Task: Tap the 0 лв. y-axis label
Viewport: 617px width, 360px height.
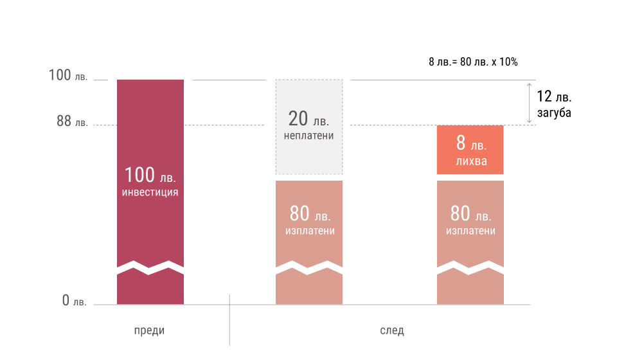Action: [74, 300]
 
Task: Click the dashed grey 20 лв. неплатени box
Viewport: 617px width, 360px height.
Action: [308, 127]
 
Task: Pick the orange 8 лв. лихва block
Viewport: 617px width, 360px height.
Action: [470, 149]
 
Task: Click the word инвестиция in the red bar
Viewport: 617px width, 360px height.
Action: [150, 192]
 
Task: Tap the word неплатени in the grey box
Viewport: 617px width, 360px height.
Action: [308, 136]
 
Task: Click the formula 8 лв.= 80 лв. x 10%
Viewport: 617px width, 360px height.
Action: [473, 62]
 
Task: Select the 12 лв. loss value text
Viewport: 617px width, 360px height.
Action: [553, 97]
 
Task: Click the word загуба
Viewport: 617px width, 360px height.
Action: [553, 113]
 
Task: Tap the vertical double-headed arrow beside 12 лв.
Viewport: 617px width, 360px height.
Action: [528, 102]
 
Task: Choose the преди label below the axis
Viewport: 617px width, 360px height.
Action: [149, 330]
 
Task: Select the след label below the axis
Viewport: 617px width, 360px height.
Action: [391, 330]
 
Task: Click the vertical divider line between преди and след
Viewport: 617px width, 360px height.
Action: [229, 319]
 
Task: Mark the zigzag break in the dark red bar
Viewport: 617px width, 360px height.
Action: [150, 267]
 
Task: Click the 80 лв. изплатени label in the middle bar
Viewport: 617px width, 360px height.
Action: [308, 220]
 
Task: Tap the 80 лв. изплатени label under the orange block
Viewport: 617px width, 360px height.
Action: [470, 220]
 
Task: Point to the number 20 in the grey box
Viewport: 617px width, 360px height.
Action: [298, 118]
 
